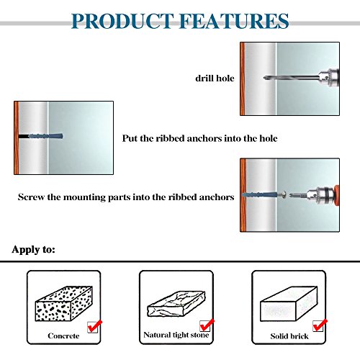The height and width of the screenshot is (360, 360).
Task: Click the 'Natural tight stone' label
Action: click(170, 335)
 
